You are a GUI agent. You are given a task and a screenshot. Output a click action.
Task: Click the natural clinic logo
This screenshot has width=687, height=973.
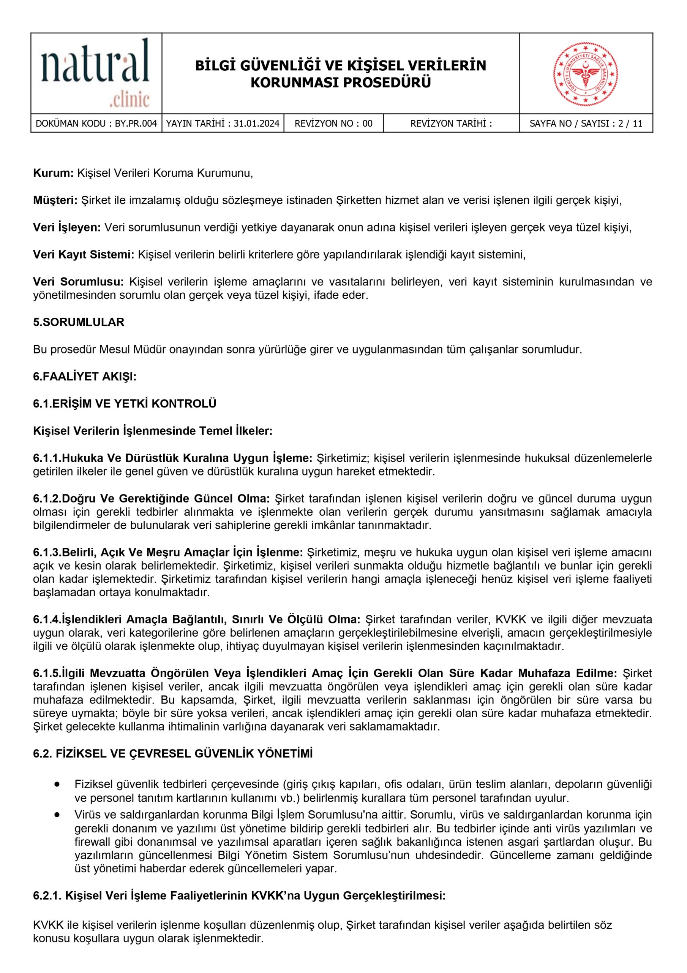pos(96,73)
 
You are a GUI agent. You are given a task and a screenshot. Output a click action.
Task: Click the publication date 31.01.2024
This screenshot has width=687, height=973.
pos(256,124)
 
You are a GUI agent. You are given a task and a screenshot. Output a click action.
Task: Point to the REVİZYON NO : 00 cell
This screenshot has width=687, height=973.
pos(333,124)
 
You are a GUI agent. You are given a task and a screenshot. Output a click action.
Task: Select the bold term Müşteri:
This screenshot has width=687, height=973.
pos(55,200)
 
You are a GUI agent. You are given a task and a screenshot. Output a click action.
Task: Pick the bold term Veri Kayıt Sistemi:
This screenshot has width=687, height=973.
pos(84,255)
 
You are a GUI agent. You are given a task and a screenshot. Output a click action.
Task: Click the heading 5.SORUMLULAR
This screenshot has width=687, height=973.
pos(79,322)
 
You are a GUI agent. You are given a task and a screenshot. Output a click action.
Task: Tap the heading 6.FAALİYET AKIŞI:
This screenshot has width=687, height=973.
pos(85,376)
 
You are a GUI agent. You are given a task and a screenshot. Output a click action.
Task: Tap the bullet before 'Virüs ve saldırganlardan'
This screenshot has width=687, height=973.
pos(57,815)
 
